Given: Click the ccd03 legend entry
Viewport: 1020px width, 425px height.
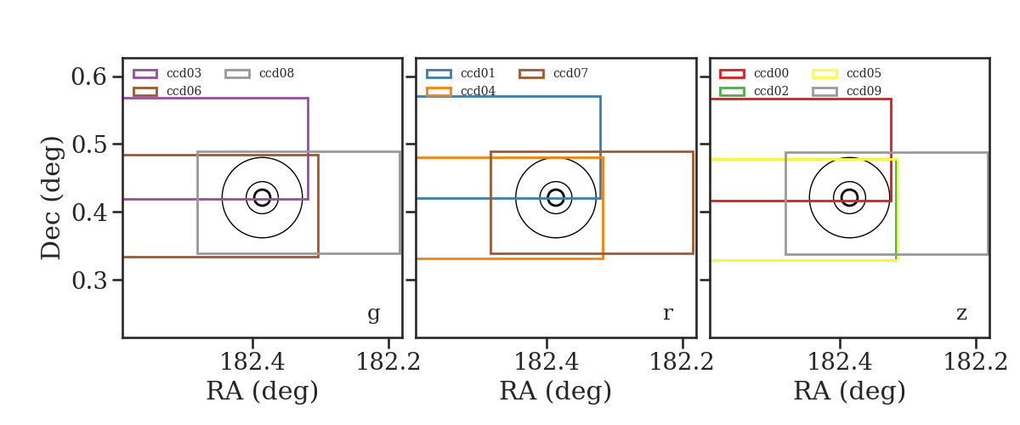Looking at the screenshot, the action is (x=167, y=73).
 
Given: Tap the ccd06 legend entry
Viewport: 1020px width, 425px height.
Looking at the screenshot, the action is (x=167, y=91).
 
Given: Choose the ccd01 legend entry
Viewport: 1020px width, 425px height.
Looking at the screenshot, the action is (x=461, y=73).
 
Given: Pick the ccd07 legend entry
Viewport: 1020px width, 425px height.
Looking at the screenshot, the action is (x=553, y=73).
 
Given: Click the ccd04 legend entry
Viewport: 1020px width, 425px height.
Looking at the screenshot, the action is (x=461, y=91).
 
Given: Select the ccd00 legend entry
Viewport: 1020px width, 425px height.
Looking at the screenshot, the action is (x=754, y=73).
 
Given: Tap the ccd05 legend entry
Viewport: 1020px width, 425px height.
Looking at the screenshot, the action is (x=847, y=73).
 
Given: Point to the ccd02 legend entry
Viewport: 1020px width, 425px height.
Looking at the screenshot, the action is (x=754, y=91).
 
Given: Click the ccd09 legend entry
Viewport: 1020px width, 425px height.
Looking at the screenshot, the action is (x=847, y=91).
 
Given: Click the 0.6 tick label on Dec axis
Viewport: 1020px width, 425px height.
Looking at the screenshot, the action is (x=89, y=76).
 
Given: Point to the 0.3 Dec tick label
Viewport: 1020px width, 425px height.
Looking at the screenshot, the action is (x=89, y=280).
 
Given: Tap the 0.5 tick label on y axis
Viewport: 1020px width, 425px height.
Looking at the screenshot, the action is (x=89, y=144).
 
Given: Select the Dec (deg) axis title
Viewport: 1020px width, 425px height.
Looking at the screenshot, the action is (x=50, y=198).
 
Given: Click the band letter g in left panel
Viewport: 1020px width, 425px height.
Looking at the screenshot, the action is (x=373, y=314).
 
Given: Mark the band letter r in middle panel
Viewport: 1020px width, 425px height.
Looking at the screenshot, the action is (x=667, y=313).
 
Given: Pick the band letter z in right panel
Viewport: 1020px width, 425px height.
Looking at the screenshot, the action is (x=961, y=314).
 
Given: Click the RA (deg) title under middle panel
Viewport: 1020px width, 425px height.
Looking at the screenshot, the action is (x=556, y=391).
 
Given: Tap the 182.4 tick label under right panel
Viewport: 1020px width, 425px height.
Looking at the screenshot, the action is (x=840, y=362).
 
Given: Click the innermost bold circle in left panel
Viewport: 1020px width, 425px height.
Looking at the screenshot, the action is (x=262, y=190).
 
